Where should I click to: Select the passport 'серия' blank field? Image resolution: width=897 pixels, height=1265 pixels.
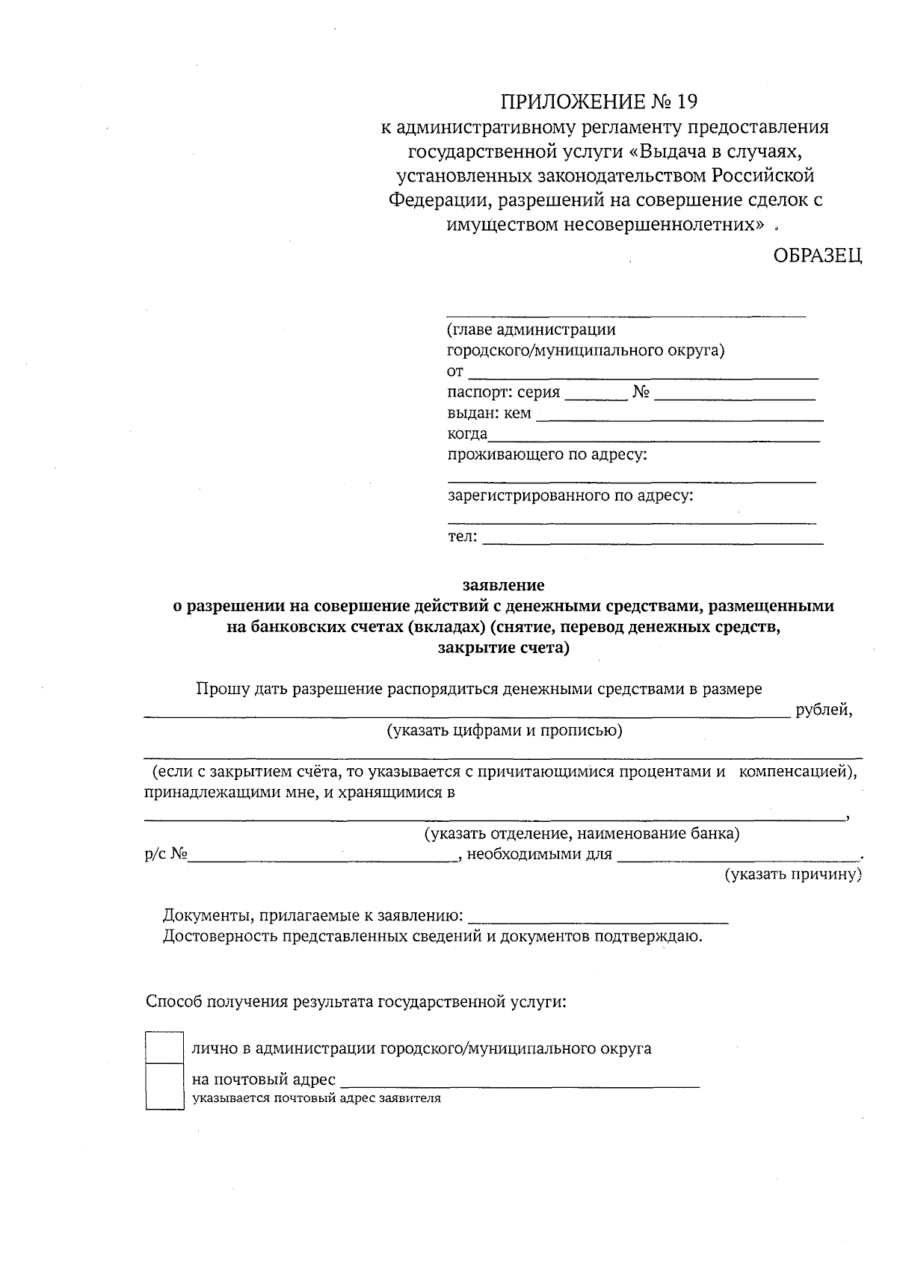(x=595, y=395)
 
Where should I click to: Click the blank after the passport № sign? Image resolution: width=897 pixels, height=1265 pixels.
(x=734, y=395)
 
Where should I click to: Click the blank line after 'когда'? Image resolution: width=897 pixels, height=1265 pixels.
(x=654, y=437)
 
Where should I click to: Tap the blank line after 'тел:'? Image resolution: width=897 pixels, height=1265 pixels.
(x=653, y=539)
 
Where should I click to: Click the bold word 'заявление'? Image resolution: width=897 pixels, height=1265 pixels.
(x=503, y=585)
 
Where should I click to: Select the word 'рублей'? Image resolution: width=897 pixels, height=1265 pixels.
(x=823, y=710)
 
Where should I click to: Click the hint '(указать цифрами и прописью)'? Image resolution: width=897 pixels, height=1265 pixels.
(x=505, y=731)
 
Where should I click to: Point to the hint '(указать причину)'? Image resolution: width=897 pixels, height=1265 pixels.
(x=793, y=874)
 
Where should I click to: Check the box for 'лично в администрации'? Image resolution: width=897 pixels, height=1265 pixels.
(x=164, y=1047)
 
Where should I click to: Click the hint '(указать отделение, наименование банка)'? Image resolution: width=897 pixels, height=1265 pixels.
(x=582, y=833)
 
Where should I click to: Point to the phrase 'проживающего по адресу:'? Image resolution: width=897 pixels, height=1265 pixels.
(x=547, y=455)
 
